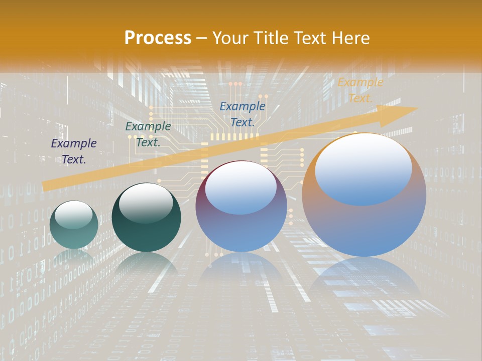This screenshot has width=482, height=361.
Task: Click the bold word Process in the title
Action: tap(158, 38)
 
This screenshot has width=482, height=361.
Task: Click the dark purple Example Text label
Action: tap(74, 151)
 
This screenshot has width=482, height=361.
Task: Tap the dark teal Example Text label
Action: tap(148, 134)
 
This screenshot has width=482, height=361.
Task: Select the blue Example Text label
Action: tap(243, 114)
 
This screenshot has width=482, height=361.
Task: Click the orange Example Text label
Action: tap(360, 90)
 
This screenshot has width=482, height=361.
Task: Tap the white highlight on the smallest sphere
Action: tap(73, 215)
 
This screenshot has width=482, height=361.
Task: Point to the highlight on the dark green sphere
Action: tap(146, 203)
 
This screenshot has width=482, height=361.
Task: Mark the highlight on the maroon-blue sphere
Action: tap(240, 188)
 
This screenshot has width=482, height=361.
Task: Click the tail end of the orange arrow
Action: tap(48, 186)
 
